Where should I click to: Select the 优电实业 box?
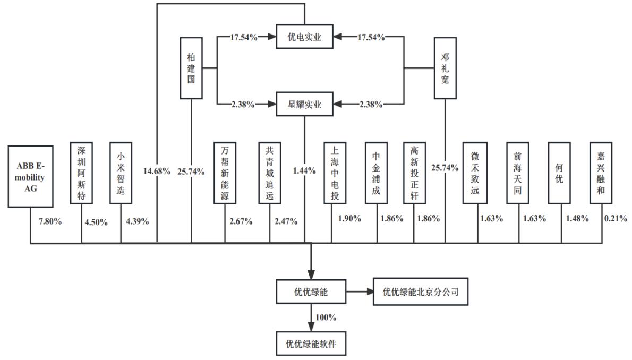pyautogui.click(x=304, y=37)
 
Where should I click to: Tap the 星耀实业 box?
pyautogui.click(x=304, y=104)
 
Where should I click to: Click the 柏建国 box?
pyautogui.click(x=191, y=67)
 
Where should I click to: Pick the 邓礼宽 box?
pyautogui.click(x=445, y=67)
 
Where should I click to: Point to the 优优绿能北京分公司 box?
pyautogui.click(x=421, y=292)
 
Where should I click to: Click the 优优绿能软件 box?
pyautogui.click(x=312, y=344)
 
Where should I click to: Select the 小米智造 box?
pyautogui.click(x=121, y=173)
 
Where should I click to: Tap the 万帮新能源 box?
pyautogui.click(x=225, y=173)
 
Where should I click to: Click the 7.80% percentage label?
pyautogui.click(x=50, y=221)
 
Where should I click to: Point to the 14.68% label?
pyautogui.click(x=157, y=171)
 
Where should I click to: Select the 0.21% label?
pyautogui.click(x=616, y=218)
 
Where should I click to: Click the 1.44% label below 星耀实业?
pyautogui.click(x=304, y=171)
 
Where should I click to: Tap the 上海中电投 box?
pyautogui.click(x=335, y=173)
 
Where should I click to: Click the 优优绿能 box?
pyautogui.click(x=312, y=292)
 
